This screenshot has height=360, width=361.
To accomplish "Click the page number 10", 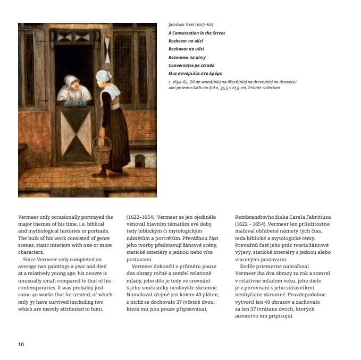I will point(21,345).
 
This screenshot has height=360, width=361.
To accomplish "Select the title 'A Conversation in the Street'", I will point(196,33).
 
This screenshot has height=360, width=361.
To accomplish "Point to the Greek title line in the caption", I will point(195,73).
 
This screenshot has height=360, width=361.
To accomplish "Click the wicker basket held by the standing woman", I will point(102,150).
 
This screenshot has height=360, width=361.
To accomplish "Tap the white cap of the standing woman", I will point(103,75).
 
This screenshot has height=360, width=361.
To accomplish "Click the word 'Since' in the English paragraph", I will point(31,259).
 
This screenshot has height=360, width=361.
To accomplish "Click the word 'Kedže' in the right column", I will point(249,266).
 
